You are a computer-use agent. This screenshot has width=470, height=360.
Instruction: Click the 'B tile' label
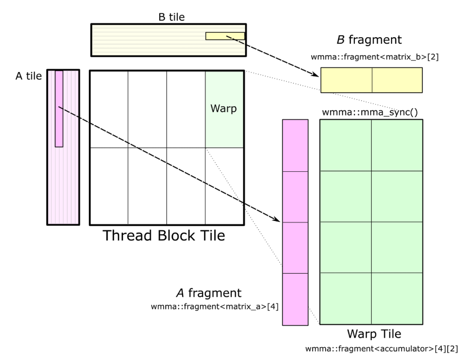168,18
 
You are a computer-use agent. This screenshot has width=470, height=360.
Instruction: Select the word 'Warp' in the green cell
224,108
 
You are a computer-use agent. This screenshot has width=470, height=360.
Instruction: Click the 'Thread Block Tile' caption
164,236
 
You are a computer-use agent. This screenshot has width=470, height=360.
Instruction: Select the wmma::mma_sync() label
370,112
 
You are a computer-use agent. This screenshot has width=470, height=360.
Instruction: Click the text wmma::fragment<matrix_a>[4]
215,306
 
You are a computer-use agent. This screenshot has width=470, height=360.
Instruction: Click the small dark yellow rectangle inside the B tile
225,36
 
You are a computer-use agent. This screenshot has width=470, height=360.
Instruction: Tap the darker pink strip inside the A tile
59,108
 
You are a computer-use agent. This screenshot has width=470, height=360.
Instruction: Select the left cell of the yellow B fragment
346,80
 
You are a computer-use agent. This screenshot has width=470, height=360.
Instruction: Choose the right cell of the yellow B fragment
397,80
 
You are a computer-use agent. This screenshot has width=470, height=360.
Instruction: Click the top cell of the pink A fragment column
295,145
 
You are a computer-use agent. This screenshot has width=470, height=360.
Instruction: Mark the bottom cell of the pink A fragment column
295,299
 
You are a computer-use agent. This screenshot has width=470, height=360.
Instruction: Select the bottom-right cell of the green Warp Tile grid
397,298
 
